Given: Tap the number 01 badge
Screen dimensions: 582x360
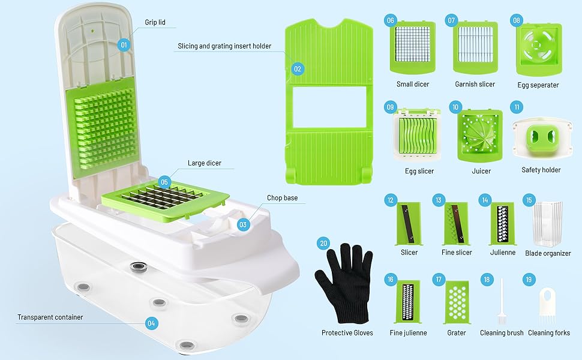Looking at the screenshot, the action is point(124,45).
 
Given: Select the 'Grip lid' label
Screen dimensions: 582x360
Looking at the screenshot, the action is point(155,22).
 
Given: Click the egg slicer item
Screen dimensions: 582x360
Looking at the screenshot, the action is point(417,135).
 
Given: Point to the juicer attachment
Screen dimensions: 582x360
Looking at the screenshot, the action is point(480,136).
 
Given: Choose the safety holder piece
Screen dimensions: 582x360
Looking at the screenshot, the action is point(542,138).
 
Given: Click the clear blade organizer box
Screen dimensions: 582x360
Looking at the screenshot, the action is point(547,224).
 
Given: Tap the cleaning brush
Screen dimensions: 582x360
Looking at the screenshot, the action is point(502,302).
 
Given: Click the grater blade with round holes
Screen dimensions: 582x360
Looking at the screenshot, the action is point(457,302).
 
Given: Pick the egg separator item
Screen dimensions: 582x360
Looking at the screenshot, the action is point(539,49).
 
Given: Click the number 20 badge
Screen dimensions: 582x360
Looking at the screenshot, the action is point(323,244).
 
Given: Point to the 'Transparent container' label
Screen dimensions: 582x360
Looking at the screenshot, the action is point(50,317).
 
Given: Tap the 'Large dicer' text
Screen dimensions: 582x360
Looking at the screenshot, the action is point(205,163).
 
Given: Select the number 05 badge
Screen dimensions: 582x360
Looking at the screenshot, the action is point(164,182).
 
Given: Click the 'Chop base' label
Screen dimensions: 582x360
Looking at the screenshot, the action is point(283,198).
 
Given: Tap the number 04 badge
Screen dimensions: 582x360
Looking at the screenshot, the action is point(151,323).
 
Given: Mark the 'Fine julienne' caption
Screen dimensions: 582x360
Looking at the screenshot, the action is point(408,333).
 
